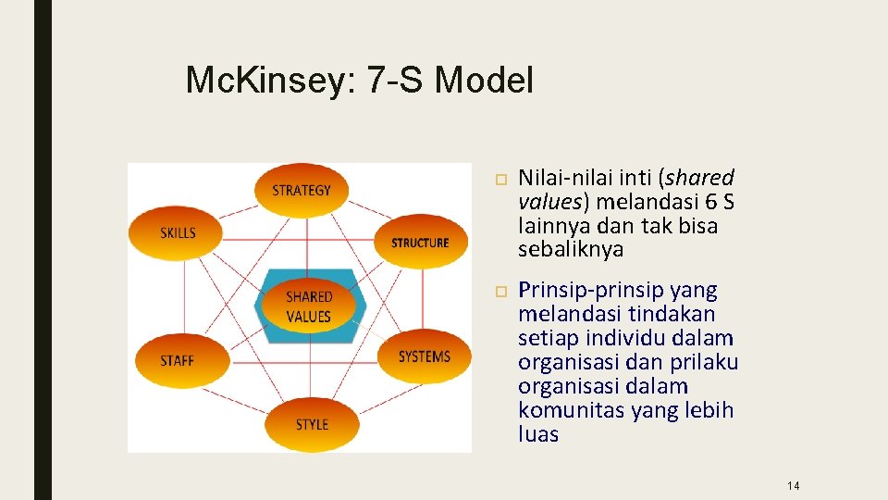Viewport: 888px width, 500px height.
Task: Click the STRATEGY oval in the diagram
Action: [x=301, y=191]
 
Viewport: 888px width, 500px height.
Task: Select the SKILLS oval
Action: [x=179, y=232]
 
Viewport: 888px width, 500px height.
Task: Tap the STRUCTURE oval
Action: [x=420, y=242]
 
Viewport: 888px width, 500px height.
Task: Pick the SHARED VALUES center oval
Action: [x=309, y=306]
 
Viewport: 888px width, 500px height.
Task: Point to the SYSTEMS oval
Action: [x=424, y=356]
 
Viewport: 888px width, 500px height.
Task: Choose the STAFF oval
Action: [x=179, y=359]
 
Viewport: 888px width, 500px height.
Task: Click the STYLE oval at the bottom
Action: [x=312, y=424]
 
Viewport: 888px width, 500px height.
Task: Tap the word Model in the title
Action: [x=484, y=81]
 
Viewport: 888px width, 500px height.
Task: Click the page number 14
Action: [x=793, y=486]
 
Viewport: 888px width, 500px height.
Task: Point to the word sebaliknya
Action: [x=571, y=249]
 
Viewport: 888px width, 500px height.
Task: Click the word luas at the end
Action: [x=538, y=434]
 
